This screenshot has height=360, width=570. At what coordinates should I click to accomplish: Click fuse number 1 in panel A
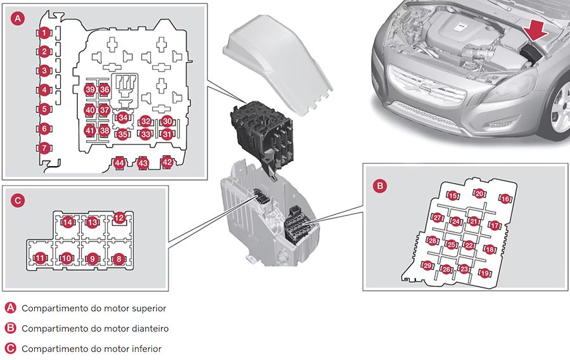[44, 32]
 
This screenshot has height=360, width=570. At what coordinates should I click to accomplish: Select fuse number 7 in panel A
[44, 148]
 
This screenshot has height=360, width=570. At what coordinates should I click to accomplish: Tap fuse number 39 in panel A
[90, 90]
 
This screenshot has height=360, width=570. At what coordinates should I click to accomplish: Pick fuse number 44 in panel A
[119, 163]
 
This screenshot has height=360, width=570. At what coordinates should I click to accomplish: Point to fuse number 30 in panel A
[167, 121]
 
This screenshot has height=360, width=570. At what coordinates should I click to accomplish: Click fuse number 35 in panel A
[122, 134]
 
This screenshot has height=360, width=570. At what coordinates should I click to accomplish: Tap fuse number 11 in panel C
[40, 258]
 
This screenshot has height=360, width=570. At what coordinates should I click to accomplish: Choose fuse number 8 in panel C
[118, 258]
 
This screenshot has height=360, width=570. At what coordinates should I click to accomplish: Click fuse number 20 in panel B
[479, 194]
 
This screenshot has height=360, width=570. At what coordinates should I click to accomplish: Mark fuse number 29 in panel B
[428, 266]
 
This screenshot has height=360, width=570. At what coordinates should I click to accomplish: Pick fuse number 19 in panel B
[484, 273]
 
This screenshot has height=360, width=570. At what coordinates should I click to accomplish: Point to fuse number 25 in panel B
[451, 245]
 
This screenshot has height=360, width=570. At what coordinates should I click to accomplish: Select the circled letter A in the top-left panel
[18, 19]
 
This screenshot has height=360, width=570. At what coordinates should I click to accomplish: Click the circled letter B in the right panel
[379, 186]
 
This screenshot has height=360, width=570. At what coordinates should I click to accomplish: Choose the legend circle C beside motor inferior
[10, 349]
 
